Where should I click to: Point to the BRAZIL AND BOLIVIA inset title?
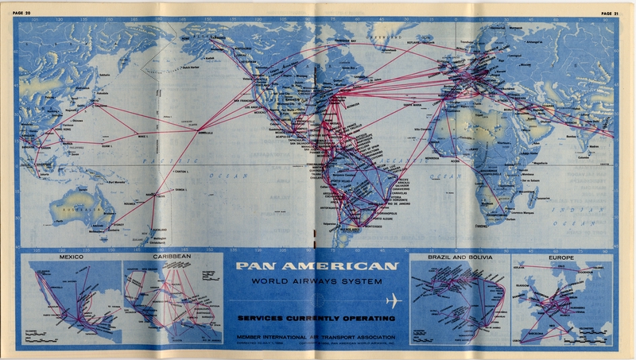pos(460,258)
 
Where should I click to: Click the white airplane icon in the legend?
pos(394,300)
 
